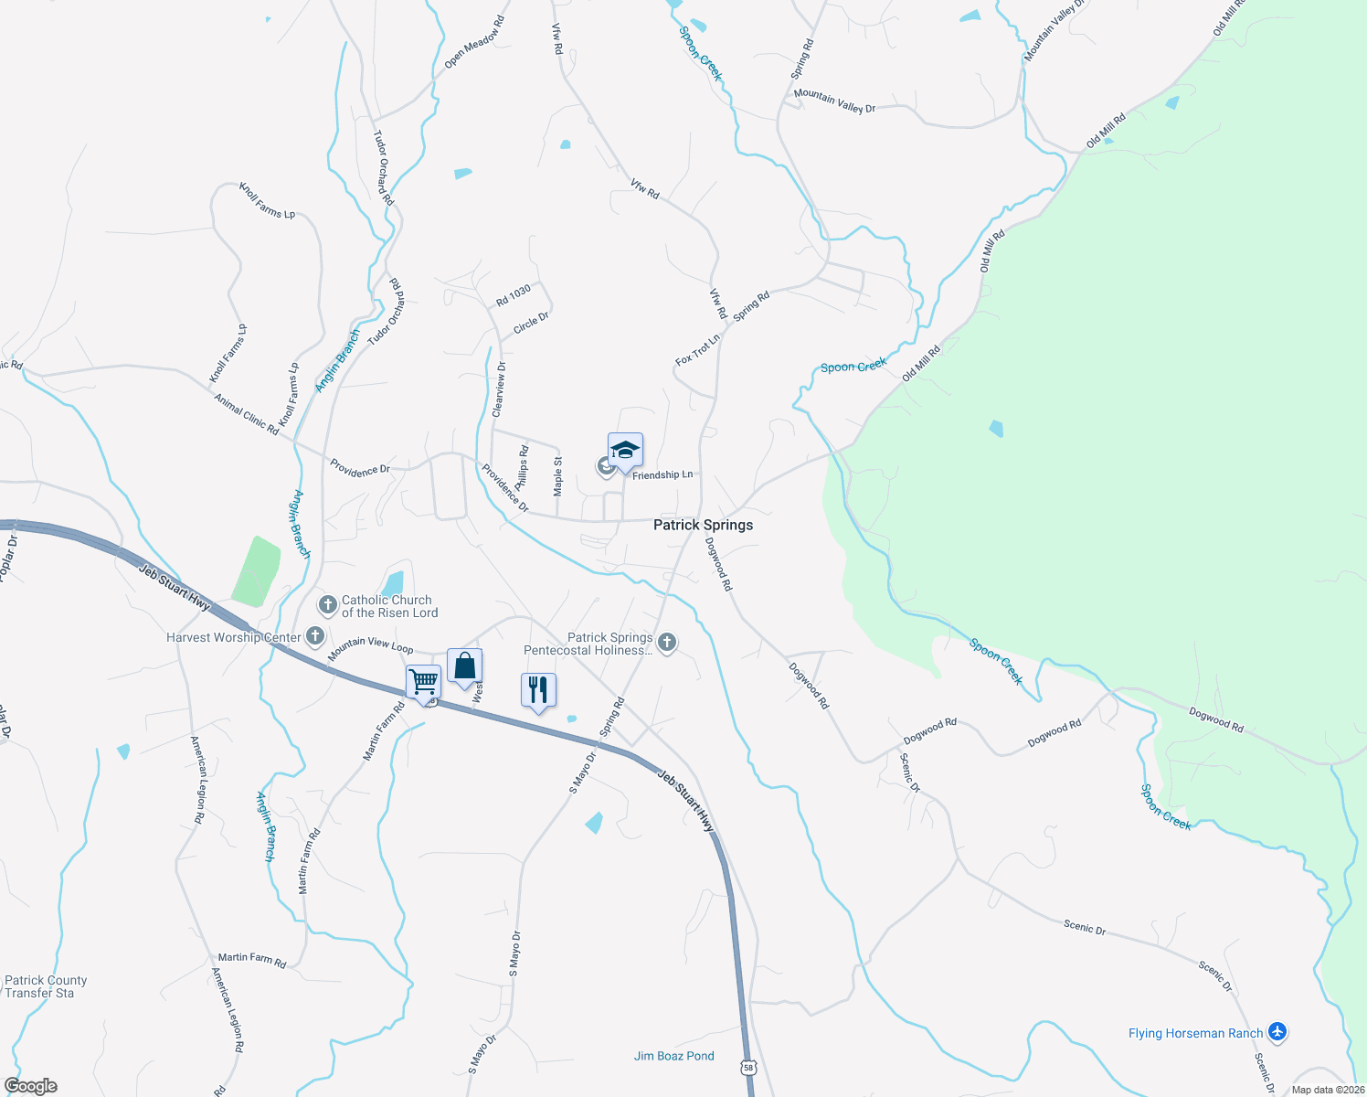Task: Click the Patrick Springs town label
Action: (703, 525)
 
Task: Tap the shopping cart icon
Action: (423, 681)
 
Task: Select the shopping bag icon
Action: (464, 666)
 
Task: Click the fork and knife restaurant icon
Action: (538, 689)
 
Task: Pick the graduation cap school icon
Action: (625, 450)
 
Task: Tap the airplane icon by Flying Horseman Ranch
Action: (1277, 1033)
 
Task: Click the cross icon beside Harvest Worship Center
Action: (315, 636)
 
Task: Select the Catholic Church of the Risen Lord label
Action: (389, 607)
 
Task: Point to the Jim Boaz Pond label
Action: (674, 1056)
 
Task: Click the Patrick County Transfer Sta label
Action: (46, 986)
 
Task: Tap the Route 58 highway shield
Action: (749, 1068)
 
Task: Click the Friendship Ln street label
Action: (662, 475)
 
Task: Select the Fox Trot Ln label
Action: (698, 349)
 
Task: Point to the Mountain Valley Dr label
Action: (834, 101)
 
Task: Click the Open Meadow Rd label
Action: (474, 43)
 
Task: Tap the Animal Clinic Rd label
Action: (247, 413)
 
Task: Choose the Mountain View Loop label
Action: (370, 645)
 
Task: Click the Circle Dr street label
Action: (531, 323)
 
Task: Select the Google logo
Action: (30, 1086)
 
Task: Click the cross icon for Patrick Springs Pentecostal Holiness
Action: (667, 644)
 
